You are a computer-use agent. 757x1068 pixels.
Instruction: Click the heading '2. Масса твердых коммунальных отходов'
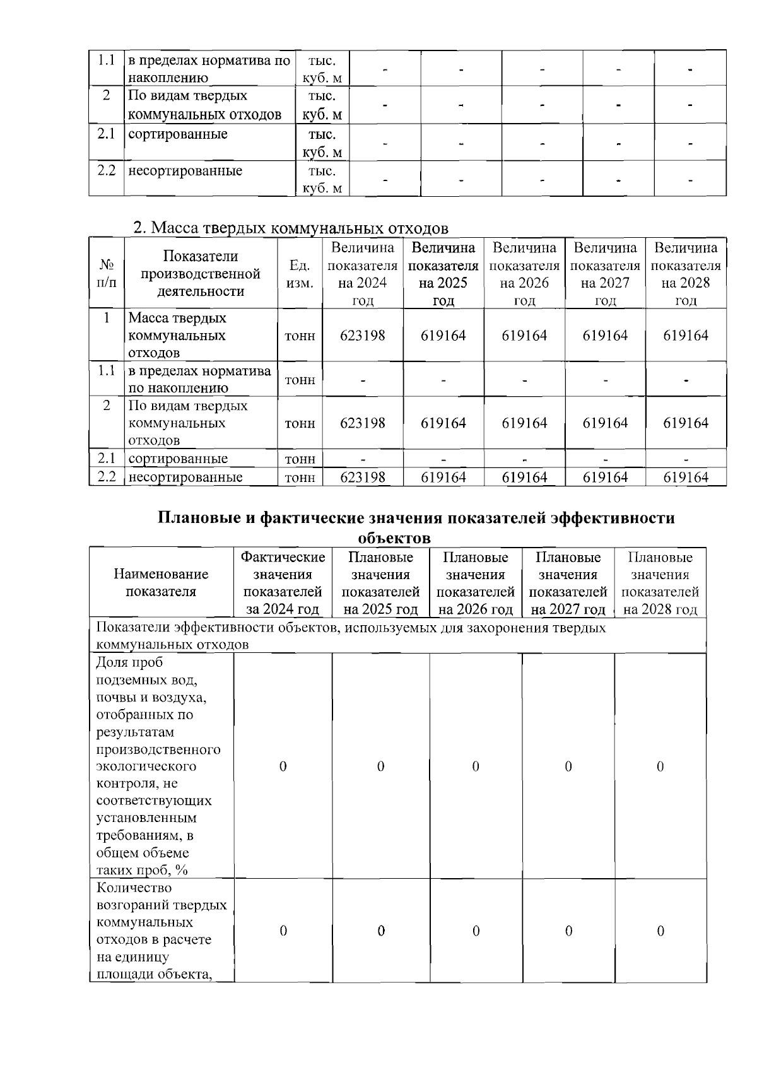[291, 228]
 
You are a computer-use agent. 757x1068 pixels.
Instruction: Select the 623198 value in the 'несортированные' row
[362, 478]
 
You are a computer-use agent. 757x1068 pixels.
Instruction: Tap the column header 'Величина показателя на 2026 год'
[524, 273]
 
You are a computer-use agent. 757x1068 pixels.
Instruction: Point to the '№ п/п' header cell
[107, 274]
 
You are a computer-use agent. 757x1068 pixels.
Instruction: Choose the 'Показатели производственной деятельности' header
[201, 274]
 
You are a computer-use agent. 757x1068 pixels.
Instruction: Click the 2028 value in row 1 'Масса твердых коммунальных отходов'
[685, 336]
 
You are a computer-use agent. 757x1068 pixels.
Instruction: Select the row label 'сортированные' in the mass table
[178, 459]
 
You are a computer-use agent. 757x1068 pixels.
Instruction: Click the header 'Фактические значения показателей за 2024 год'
[283, 583]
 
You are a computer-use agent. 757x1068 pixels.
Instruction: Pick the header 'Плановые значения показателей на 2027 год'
[568, 583]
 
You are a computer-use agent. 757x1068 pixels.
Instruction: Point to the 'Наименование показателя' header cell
[161, 583]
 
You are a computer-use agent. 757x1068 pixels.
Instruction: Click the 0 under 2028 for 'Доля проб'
[660, 766]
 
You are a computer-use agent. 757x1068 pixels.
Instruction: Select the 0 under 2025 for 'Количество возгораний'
[381, 931]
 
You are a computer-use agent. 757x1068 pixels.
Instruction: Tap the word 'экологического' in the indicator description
[146, 766]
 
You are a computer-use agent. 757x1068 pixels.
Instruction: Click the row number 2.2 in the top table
[106, 171]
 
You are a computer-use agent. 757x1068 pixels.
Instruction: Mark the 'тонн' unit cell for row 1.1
[300, 380]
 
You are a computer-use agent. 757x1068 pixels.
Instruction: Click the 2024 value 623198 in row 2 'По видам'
[362, 423]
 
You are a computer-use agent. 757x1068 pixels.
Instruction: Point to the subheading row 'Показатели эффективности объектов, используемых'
[351, 636]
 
